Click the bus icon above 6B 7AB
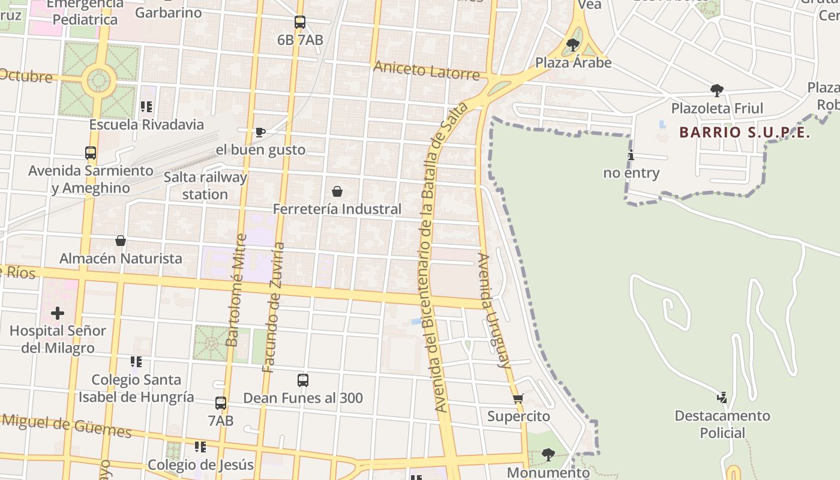(300, 22)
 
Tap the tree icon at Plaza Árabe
(573, 45)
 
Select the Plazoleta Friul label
(717, 109)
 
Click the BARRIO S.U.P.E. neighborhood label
(745, 133)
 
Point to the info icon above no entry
(631, 155)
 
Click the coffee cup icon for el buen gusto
(260, 132)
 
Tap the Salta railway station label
(205, 185)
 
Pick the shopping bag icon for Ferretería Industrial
(337, 191)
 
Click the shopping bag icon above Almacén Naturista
(121, 241)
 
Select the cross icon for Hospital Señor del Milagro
(58, 313)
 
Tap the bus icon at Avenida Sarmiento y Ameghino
(91, 153)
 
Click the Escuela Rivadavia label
(146, 125)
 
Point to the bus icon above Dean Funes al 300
(303, 380)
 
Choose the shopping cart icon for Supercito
(518, 398)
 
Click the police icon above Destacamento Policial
(722, 397)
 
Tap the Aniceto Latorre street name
(426, 70)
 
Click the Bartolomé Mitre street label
(235, 290)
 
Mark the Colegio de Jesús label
(200, 465)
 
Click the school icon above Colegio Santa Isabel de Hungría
(136, 362)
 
